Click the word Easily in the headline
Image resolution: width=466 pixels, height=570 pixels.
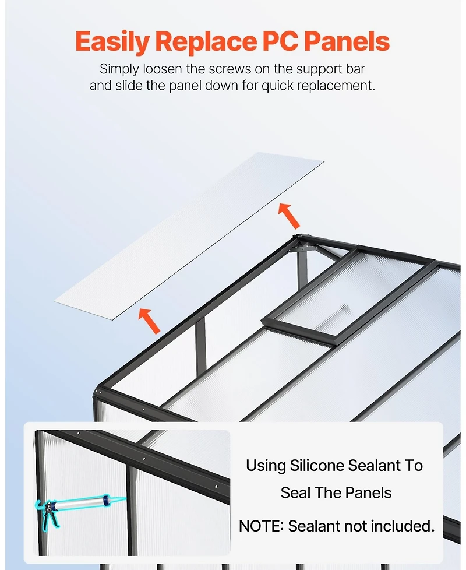pos(112,41)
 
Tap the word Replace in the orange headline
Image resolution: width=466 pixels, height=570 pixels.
pos(206,41)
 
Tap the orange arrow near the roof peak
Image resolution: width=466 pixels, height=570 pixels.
pos(289,216)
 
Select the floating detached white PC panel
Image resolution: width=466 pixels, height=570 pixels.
pos(189,236)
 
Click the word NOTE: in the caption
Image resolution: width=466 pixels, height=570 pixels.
pos(261,526)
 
